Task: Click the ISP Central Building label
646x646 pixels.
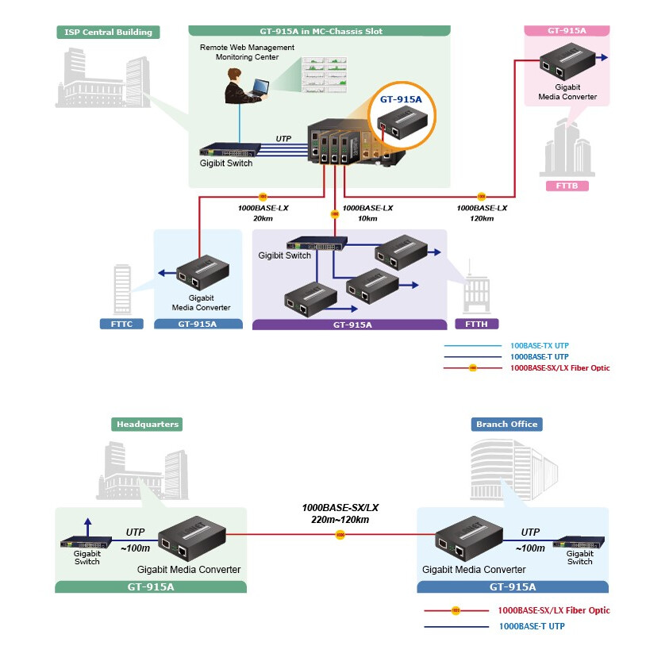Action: tap(108, 33)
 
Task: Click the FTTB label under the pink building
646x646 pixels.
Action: tap(567, 186)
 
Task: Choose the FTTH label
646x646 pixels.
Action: tap(476, 324)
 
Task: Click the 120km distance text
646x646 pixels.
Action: tap(481, 218)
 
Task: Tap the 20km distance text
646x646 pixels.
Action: tap(263, 218)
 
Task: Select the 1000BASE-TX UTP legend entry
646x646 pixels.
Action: tap(539, 346)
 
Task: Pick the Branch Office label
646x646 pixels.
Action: tap(506, 424)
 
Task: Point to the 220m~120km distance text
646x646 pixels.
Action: tap(340, 520)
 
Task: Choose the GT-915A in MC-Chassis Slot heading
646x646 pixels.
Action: tap(320, 32)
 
